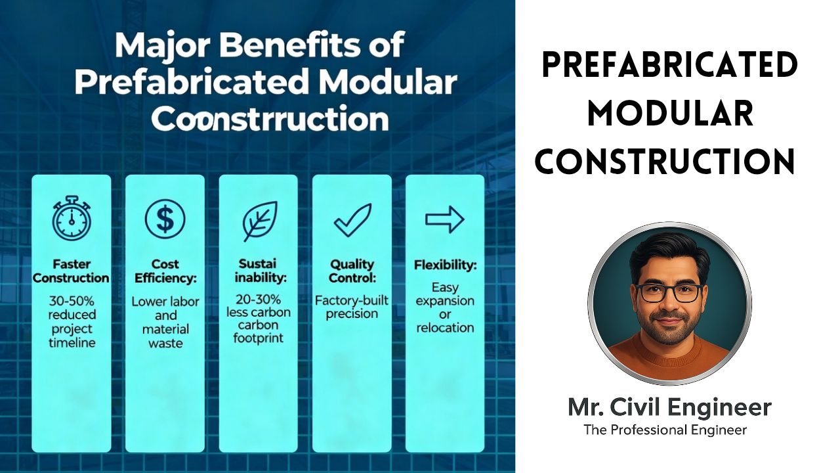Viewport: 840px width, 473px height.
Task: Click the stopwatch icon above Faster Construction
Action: click(72, 219)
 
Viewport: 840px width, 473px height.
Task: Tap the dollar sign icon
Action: click(165, 219)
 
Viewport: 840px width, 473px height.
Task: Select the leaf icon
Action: click(259, 221)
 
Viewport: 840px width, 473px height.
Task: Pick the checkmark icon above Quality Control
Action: click(352, 221)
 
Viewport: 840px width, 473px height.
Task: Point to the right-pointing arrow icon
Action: click(444, 220)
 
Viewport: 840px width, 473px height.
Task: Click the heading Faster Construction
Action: click(72, 271)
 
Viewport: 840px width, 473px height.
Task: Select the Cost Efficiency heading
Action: click(165, 271)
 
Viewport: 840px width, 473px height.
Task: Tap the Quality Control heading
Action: click(352, 271)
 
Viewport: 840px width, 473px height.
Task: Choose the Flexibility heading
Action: click(445, 265)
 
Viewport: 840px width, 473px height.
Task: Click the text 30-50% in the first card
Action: click(72, 302)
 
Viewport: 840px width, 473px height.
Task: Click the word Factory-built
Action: click(352, 300)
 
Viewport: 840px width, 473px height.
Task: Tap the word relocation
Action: click(445, 327)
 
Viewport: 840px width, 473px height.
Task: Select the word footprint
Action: click(259, 338)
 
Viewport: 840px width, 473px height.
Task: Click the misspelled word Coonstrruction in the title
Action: click(269, 120)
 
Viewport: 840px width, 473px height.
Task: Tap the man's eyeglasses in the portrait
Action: click(669, 292)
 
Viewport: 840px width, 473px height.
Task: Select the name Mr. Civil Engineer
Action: click(669, 407)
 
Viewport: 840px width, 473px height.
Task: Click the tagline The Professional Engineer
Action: click(665, 430)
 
